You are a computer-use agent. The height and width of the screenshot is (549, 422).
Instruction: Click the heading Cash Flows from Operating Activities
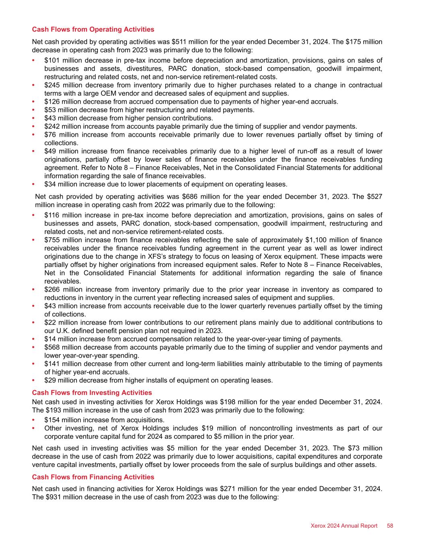coord(93,29)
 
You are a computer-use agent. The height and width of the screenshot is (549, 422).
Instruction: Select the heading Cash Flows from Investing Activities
coord(92,393)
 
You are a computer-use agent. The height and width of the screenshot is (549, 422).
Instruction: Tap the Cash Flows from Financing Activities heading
coord(93,477)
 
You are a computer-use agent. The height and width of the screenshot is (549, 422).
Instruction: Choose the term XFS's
coord(161,257)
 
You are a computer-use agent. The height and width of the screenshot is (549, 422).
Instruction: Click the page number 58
coord(390,526)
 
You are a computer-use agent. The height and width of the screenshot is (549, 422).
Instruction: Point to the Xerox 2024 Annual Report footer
coord(344,526)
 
